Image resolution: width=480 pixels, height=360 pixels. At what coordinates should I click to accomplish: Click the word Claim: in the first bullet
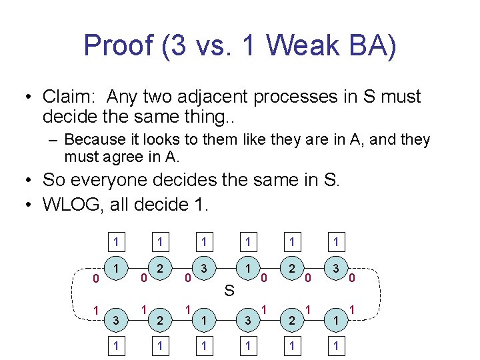click(69, 97)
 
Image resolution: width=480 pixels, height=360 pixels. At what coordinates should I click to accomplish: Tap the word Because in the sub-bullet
click(93, 140)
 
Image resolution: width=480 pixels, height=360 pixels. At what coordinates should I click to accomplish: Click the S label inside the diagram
click(229, 290)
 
